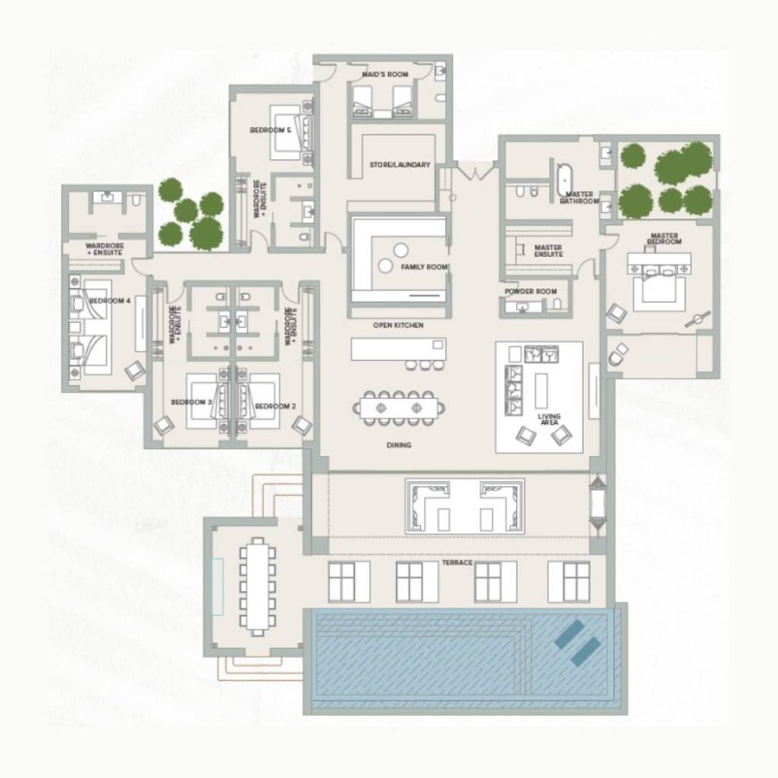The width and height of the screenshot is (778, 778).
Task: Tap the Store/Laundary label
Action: coord(400,165)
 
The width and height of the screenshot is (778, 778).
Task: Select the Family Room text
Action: coord(424,267)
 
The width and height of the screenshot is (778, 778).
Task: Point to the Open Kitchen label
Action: coord(398,325)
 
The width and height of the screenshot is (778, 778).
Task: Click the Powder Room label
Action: coord(531,291)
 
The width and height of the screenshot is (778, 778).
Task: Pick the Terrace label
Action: coord(458,562)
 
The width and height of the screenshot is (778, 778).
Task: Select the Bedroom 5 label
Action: coord(271,130)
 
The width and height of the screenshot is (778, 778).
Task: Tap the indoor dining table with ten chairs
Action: coord(398,407)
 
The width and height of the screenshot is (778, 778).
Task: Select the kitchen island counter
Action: coord(398,349)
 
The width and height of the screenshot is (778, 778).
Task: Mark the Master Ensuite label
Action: coord(548,251)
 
